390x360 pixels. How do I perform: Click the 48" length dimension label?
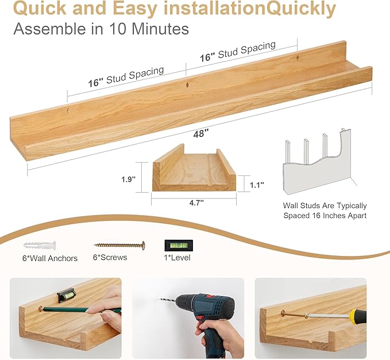point(200,132)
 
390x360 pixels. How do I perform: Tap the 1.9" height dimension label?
point(129,179)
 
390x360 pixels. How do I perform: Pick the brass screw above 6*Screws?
point(119,245)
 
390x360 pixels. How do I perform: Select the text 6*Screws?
point(110,258)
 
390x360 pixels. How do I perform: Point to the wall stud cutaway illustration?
point(317,164)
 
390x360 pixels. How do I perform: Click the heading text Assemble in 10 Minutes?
point(101,29)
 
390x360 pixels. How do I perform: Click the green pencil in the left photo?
point(80,310)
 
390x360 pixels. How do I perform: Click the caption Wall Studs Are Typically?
point(325,205)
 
